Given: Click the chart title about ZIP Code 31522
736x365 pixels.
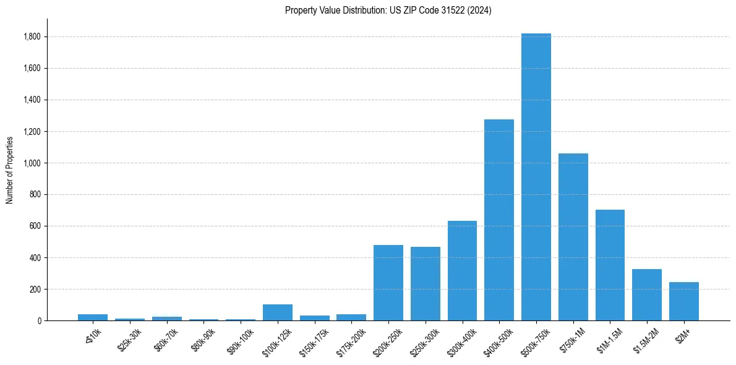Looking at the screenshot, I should [x=388, y=10].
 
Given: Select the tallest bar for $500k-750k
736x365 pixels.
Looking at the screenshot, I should [x=536, y=177].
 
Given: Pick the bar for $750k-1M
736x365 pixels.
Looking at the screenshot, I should [x=573, y=237].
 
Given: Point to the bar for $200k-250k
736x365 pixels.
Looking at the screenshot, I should [x=388, y=283].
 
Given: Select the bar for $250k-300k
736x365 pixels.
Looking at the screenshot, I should [x=425, y=283].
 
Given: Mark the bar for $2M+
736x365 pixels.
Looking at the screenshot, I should [x=683, y=301].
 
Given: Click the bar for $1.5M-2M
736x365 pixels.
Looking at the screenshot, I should [x=647, y=294].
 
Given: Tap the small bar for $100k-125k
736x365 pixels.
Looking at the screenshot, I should [x=277, y=312].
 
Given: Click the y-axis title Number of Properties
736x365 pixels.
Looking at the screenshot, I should [x=10, y=170].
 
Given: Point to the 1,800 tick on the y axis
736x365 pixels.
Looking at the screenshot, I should [x=32, y=37].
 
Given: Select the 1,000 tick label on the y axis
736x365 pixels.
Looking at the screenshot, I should [x=32, y=163].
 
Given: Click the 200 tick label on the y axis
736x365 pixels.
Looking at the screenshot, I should [x=35, y=290].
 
